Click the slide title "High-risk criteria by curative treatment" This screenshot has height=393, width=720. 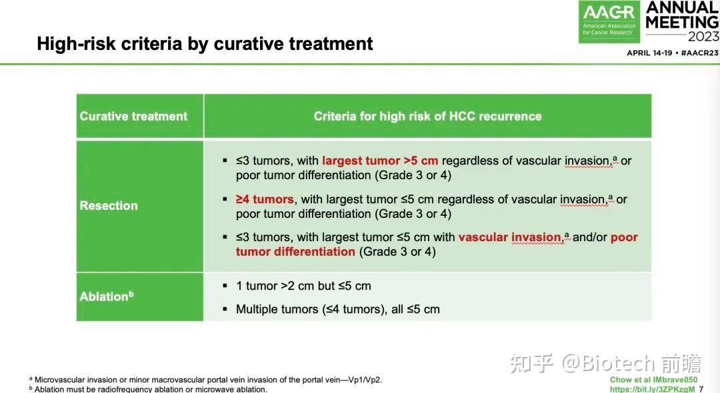(205, 44)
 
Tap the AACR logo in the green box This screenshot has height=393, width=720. (609, 13)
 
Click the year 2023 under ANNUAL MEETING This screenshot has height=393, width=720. (694, 37)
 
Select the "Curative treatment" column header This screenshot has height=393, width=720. (133, 117)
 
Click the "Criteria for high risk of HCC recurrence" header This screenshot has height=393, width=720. (427, 117)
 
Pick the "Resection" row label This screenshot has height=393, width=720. (109, 206)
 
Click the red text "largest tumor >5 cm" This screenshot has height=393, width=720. (380, 161)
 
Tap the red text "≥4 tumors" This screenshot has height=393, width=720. (265, 199)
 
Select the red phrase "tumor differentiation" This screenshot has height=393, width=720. (295, 252)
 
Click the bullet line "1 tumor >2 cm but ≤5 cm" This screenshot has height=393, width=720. (303, 286)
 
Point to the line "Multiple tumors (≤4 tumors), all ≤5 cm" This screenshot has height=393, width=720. (337, 309)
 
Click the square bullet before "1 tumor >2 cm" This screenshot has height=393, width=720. (225, 286)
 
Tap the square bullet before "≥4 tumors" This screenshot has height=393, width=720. (225, 199)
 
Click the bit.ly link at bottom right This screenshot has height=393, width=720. (652, 389)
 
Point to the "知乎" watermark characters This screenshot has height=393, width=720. (531, 363)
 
